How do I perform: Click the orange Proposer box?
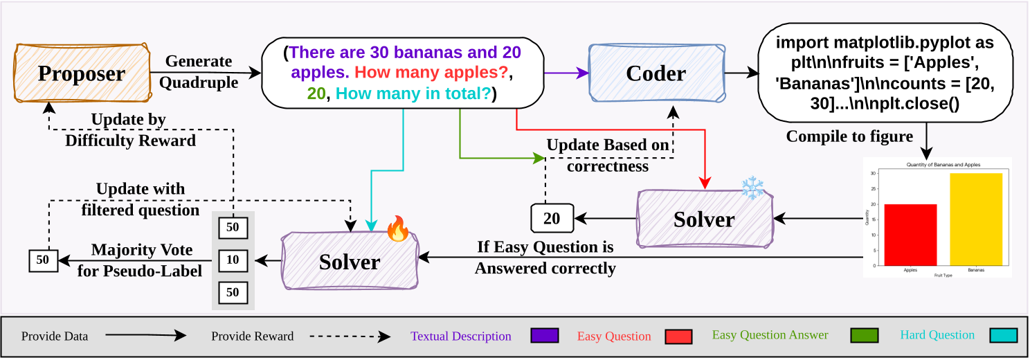[x=82, y=73]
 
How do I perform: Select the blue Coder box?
[x=656, y=73]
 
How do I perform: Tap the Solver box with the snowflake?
[x=703, y=219]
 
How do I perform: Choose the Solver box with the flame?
[x=350, y=262]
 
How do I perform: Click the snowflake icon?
[x=752, y=188]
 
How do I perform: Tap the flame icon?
[x=398, y=228]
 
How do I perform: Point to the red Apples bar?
[x=910, y=235]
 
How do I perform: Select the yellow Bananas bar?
[x=975, y=219]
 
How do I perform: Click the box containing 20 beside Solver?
[x=552, y=219]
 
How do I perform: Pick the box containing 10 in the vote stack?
[x=233, y=260]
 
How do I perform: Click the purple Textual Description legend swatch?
[x=544, y=336]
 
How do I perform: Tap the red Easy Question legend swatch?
[x=678, y=336]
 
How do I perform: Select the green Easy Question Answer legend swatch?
[x=864, y=336]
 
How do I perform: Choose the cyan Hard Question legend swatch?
[x=1004, y=336]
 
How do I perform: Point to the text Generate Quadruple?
[x=198, y=72]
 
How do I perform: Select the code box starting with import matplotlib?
[x=885, y=73]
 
